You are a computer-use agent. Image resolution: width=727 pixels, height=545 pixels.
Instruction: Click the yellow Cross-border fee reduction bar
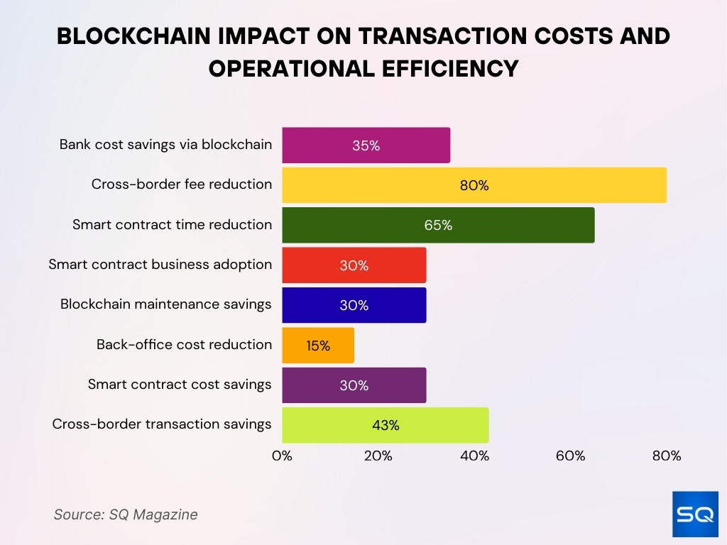point(474,185)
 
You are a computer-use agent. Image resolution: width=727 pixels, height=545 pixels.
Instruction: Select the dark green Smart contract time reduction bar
point(438,225)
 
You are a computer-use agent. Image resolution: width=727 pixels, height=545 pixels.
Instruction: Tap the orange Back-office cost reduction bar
point(318,346)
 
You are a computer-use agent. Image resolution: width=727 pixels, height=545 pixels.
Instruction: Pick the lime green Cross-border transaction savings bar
point(386,425)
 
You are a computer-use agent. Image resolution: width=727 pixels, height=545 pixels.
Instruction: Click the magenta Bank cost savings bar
point(366,145)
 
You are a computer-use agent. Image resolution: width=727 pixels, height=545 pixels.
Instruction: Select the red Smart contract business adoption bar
point(354,265)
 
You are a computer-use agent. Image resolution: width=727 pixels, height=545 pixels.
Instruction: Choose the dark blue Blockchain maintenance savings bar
point(354,305)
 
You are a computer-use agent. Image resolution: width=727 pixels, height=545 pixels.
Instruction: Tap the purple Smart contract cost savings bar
point(354,385)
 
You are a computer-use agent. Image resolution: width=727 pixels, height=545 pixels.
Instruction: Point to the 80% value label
point(474,186)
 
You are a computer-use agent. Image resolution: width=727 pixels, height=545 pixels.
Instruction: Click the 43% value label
point(386,426)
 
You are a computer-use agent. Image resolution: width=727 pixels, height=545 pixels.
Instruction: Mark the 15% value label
point(318,346)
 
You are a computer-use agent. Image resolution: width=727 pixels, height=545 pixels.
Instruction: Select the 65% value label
point(438,226)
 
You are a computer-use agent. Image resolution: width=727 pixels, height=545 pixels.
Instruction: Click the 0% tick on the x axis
point(282,456)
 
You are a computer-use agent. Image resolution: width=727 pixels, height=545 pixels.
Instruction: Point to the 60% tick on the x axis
point(570,456)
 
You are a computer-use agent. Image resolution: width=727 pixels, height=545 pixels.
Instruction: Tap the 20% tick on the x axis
point(378,456)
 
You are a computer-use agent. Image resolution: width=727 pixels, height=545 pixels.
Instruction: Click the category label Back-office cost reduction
point(184,345)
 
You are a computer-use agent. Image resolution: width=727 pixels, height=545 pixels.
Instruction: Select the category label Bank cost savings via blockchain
point(165,145)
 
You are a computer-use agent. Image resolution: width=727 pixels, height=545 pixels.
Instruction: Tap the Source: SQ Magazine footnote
point(126,514)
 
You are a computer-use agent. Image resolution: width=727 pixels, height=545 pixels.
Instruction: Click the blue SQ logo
point(694,514)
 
